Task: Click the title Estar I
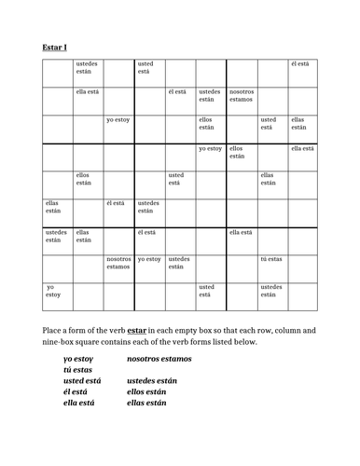(x=57, y=46)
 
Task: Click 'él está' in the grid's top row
(x=300, y=62)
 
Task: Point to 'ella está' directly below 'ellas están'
(x=300, y=148)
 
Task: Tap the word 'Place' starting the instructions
(x=54, y=330)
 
